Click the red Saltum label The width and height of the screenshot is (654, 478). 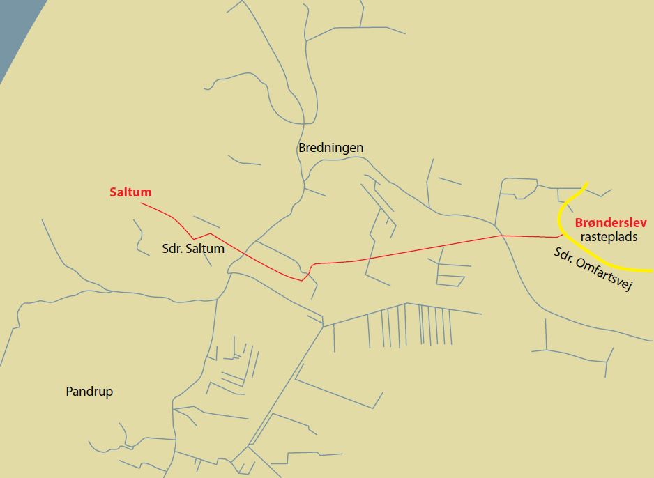tap(130, 192)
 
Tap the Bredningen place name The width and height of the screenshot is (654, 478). tap(330, 148)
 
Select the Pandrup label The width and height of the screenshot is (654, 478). tap(89, 392)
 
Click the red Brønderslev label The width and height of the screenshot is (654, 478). tap(611, 223)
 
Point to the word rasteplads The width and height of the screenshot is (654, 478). tap(609, 237)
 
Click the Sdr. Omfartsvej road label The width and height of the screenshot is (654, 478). tap(592, 269)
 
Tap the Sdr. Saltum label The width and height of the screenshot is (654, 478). tap(192, 248)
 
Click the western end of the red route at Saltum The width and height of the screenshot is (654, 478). tap(142, 203)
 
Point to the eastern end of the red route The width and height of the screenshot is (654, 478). tap(563, 235)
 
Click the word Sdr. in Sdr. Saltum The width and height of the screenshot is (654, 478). tap(171, 248)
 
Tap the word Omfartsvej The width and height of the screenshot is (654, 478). tap(603, 275)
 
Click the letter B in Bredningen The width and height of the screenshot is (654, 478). tap(302, 148)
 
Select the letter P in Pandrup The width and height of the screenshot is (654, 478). tap(68, 392)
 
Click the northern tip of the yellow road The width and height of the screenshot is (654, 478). tap(587, 184)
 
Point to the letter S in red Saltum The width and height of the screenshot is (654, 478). tap(113, 192)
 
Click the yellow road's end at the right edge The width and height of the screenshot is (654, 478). tap(651, 270)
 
